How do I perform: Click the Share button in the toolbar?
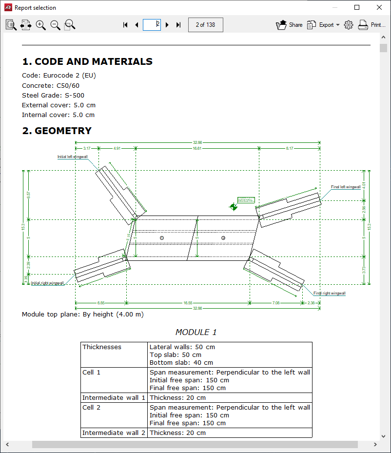tap(289, 25)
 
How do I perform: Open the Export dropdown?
tap(323, 25)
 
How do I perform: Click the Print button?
tap(371, 25)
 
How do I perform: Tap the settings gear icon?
tap(348, 25)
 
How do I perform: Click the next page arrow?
tap(167, 25)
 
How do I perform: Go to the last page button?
tap(178, 25)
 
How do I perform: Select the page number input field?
tap(152, 25)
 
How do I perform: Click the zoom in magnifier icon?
tap(41, 25)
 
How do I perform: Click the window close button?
tap(379, 7)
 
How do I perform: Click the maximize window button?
tap(357, 7)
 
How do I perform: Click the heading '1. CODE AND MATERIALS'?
tap(87, 61)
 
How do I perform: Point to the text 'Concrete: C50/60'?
tap(51, 85)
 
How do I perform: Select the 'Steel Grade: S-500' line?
tap(53, 95)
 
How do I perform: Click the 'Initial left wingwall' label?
tap(72, 157)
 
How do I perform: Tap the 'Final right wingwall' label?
tap(329, 293)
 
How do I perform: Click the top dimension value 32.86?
tap(197, 142)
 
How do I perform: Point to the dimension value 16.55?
tap(188, 303)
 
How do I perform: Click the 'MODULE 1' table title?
tap(196, 332)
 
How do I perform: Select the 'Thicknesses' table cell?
tap(102, 347)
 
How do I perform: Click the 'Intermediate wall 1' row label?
tap(114, 398)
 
